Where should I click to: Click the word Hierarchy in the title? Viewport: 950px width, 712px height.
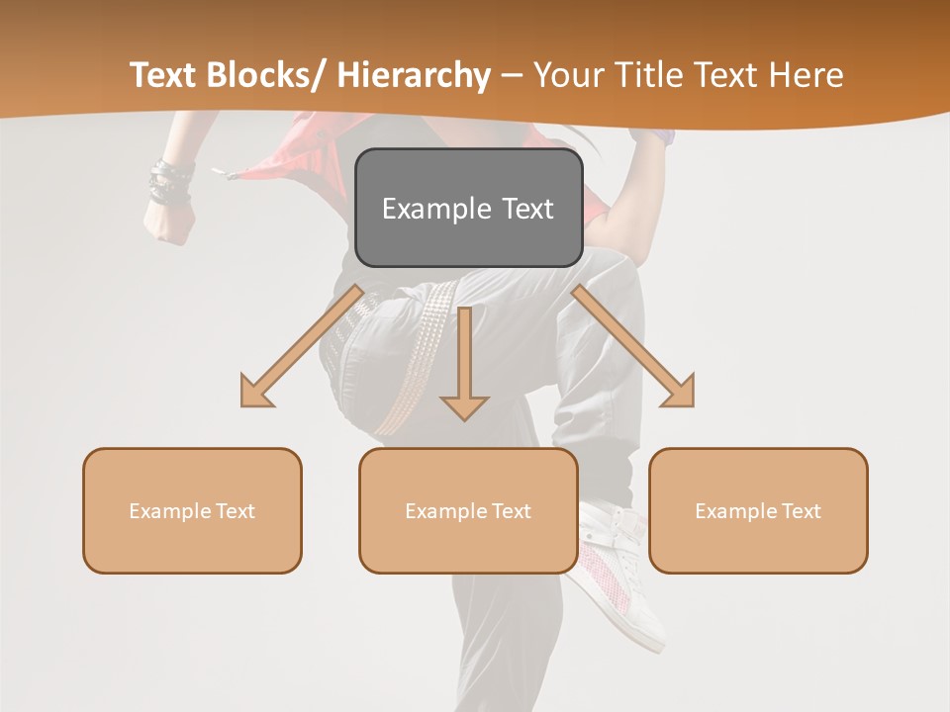click(414, 76)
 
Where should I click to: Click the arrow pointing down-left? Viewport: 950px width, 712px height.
click(297, 350)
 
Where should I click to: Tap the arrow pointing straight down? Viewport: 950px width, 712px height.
click(464, 366)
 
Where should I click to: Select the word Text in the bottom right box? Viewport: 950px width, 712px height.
click(801, 511)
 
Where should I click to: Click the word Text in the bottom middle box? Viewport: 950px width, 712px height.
click(511, 511)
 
